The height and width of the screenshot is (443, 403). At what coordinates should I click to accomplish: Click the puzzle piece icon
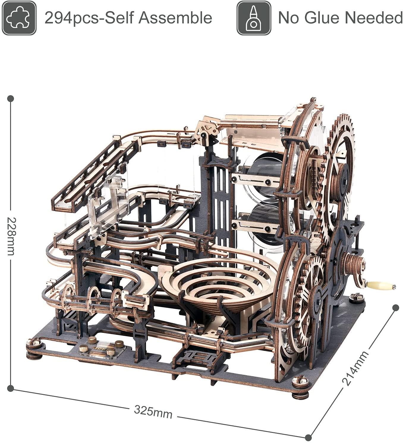click(x=19, y=18)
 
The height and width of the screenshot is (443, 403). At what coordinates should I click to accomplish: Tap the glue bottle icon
click(x=254, y=18)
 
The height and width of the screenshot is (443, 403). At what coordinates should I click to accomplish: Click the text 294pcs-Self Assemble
click(x=128, y=18)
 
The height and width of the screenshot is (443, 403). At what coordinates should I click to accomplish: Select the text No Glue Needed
click(x=340, y=18)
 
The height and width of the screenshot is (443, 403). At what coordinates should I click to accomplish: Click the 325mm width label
click(x=153, y=411)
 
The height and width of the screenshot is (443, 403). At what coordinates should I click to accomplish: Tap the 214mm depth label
click(x=355, y=368)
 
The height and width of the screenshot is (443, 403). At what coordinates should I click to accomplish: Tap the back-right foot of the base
click(x=357, y=298)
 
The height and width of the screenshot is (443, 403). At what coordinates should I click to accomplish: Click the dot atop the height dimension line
click(x=11, y=98)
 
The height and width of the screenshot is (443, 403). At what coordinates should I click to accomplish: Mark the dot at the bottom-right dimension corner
click(x=308, y=437)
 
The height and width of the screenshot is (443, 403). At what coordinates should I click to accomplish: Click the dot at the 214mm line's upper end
click(x=396, y=308)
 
